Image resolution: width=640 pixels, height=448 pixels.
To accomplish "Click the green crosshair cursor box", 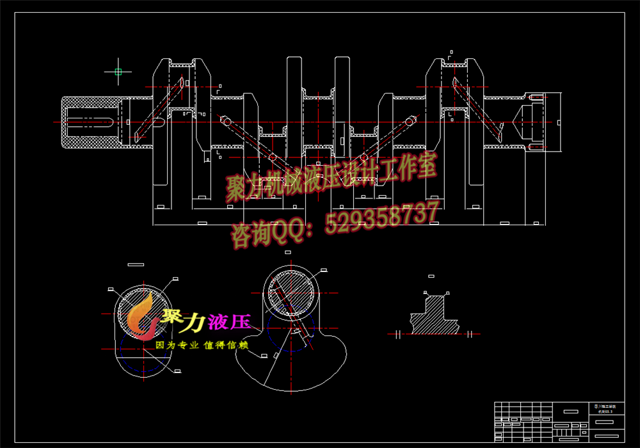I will click(x=118, y=72).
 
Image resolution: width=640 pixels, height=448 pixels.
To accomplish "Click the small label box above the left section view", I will click(x=136, y=264).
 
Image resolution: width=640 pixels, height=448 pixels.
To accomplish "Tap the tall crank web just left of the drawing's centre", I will click(x=294, y=109).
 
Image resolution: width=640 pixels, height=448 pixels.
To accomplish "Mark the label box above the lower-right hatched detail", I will click(x=431, y=276).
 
